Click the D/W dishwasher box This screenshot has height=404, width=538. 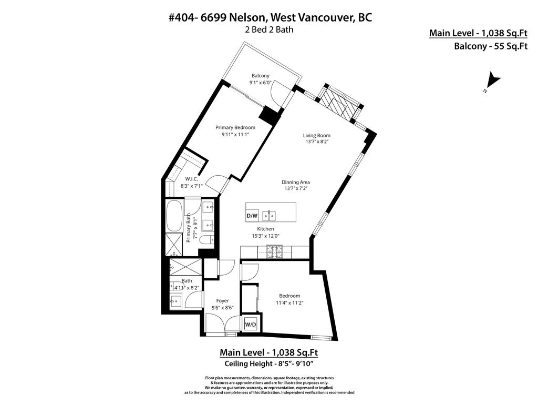tap(252, 216)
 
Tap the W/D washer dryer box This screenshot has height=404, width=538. tap(250, 325)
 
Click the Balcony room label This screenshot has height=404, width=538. tap(260, 76)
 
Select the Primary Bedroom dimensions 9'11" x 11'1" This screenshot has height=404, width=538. tap(235, 135)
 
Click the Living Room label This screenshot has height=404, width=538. tap(317, 135)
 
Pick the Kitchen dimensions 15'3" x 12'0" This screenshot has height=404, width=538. tap(265, 236)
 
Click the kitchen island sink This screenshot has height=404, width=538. tap(270, 215)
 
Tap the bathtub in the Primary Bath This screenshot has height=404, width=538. tap(174, 216)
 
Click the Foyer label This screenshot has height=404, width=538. tap(222, 301)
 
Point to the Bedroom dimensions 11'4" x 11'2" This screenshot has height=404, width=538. tap(289, 302)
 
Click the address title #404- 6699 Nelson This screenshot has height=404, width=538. tap(270, 17)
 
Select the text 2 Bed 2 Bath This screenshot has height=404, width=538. tap(269, 29)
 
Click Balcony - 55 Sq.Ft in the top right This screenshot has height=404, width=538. tap(490, 46)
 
